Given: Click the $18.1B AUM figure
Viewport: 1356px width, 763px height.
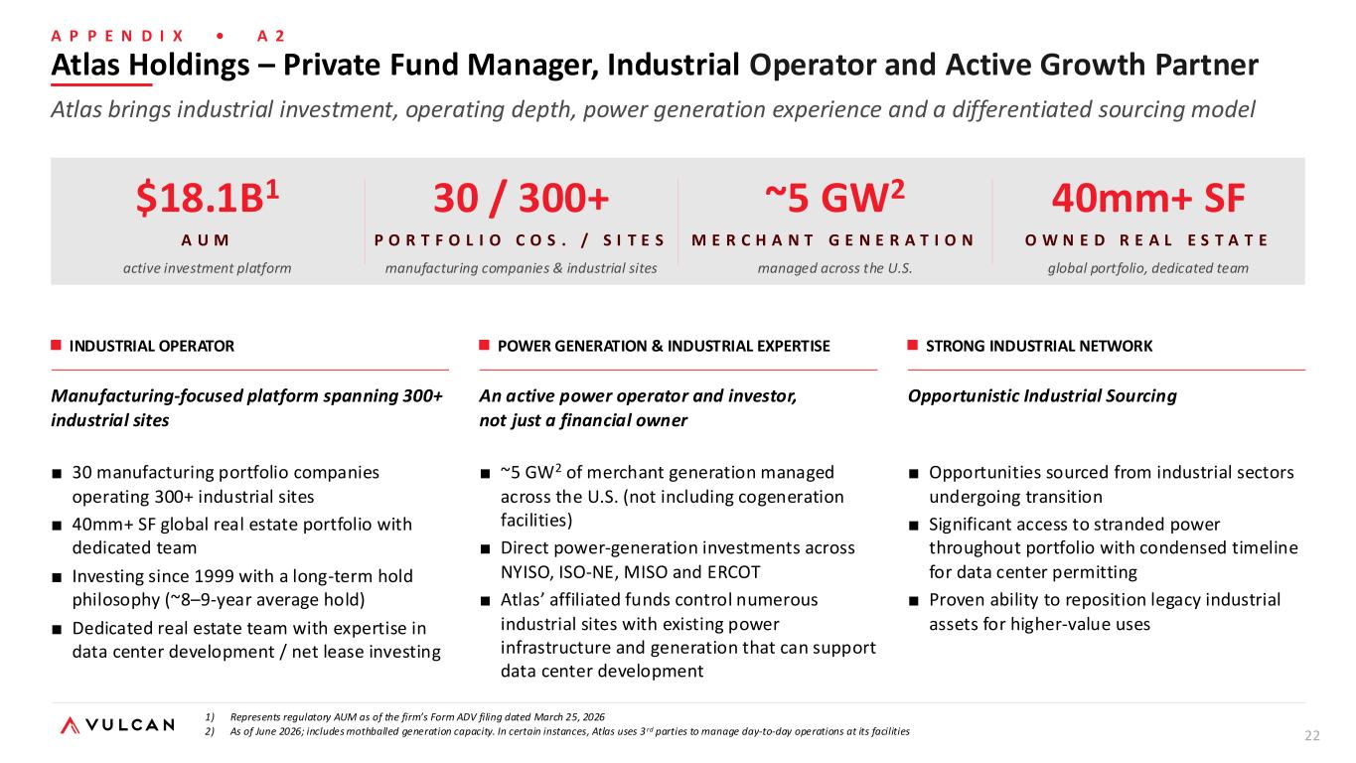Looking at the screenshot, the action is (x=208, y=198).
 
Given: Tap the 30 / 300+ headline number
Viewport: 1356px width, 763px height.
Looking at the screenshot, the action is (x=522, y=198).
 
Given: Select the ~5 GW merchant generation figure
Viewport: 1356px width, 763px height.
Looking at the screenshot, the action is (x=834, y=197).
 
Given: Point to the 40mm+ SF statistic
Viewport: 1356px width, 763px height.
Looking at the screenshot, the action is (x=1148, y=198).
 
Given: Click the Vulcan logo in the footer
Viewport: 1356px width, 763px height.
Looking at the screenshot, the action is (x=117, y=725).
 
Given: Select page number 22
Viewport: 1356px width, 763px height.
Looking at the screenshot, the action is (x=1312, y=735).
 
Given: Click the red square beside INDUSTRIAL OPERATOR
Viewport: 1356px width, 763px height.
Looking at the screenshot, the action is (x=56, y=345).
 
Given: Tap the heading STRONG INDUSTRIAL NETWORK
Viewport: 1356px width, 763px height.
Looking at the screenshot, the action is (x=1039, y=346).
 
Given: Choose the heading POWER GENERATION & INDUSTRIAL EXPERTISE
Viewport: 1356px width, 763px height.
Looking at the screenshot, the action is (x=664, y=346).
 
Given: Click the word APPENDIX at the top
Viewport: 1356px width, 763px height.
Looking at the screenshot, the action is (x=117, y=36).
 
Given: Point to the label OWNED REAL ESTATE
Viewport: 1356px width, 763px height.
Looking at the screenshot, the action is (x=1146, y=240).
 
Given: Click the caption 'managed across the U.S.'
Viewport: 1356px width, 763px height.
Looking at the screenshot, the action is (x=834, y=268).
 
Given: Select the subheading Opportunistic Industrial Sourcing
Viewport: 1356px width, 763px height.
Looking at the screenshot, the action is (x=1042, y=396).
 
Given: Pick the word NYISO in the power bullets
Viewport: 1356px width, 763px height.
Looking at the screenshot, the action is (x=526, y=571).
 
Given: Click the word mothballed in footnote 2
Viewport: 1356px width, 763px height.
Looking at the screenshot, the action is (x=374, y=731).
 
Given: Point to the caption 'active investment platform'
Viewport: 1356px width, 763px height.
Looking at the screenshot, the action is (x=207, y=268).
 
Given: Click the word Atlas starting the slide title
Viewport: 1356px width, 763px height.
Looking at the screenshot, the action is (x=90, y=65).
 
